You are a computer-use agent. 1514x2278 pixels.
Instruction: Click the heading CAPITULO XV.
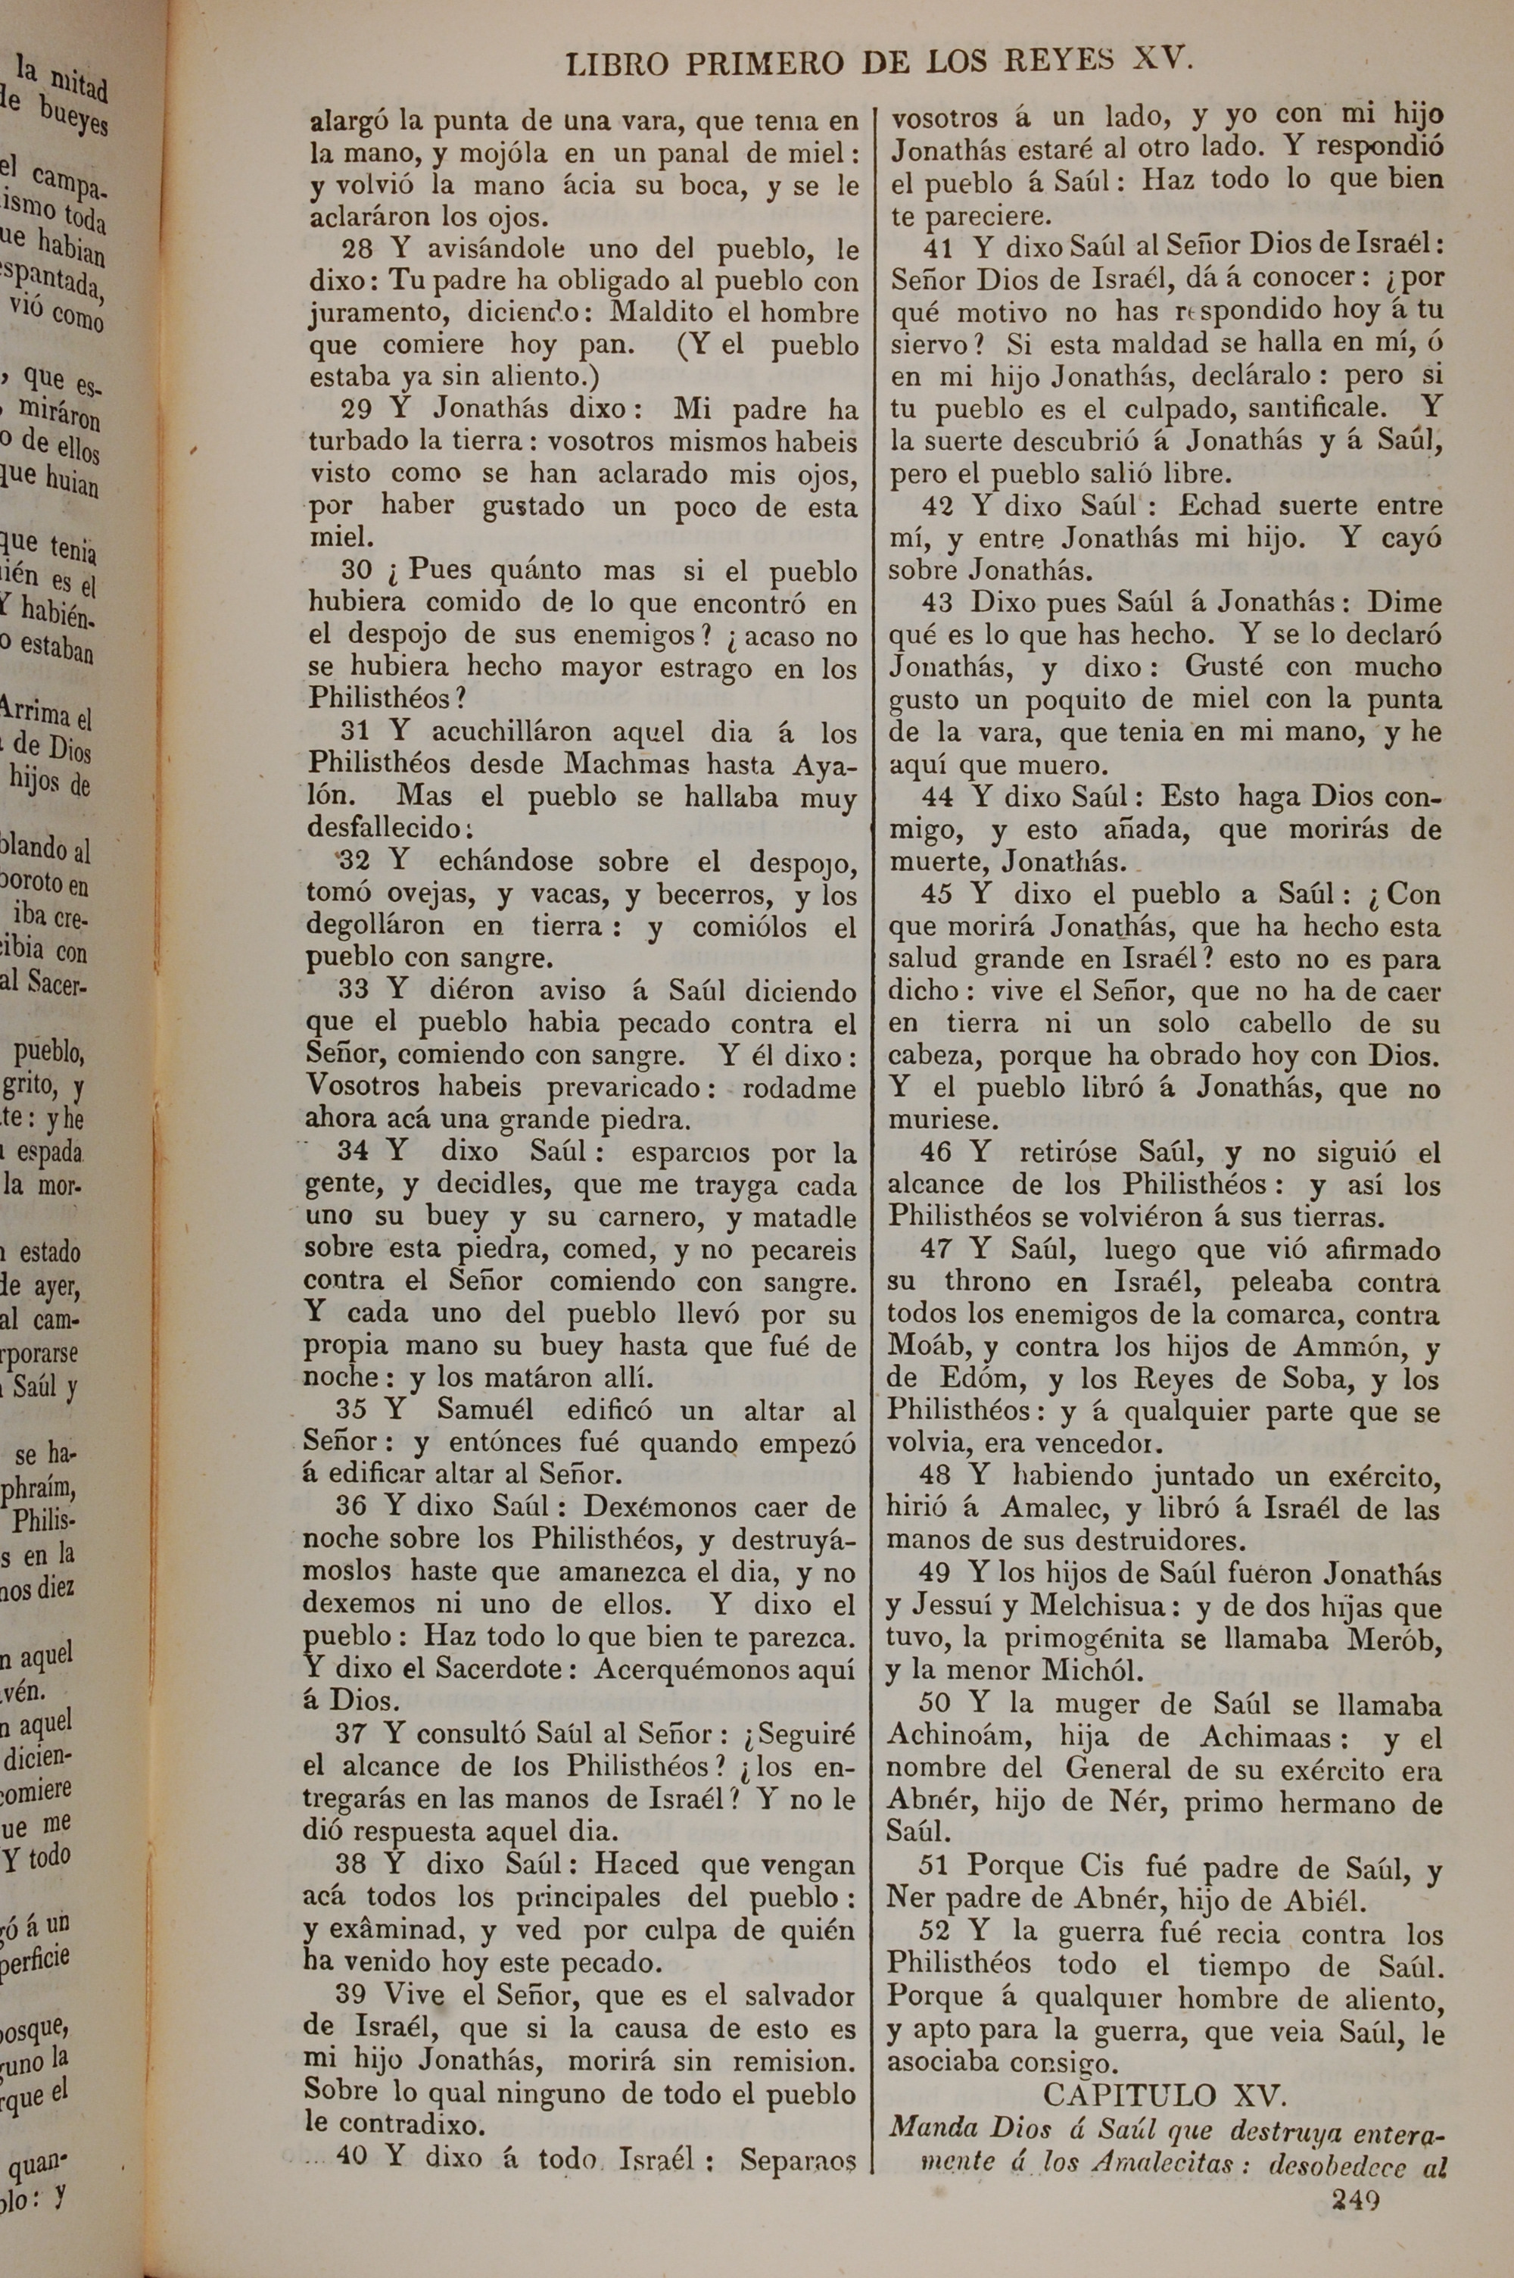coord(1164,2092)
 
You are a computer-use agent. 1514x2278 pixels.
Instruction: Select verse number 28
coord(357,249)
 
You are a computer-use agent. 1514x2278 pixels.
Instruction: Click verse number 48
coord(936,1474)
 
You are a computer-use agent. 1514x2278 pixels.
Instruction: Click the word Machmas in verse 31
coord(627,764)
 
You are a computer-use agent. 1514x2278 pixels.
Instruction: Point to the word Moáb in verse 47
coord(929,1347)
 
